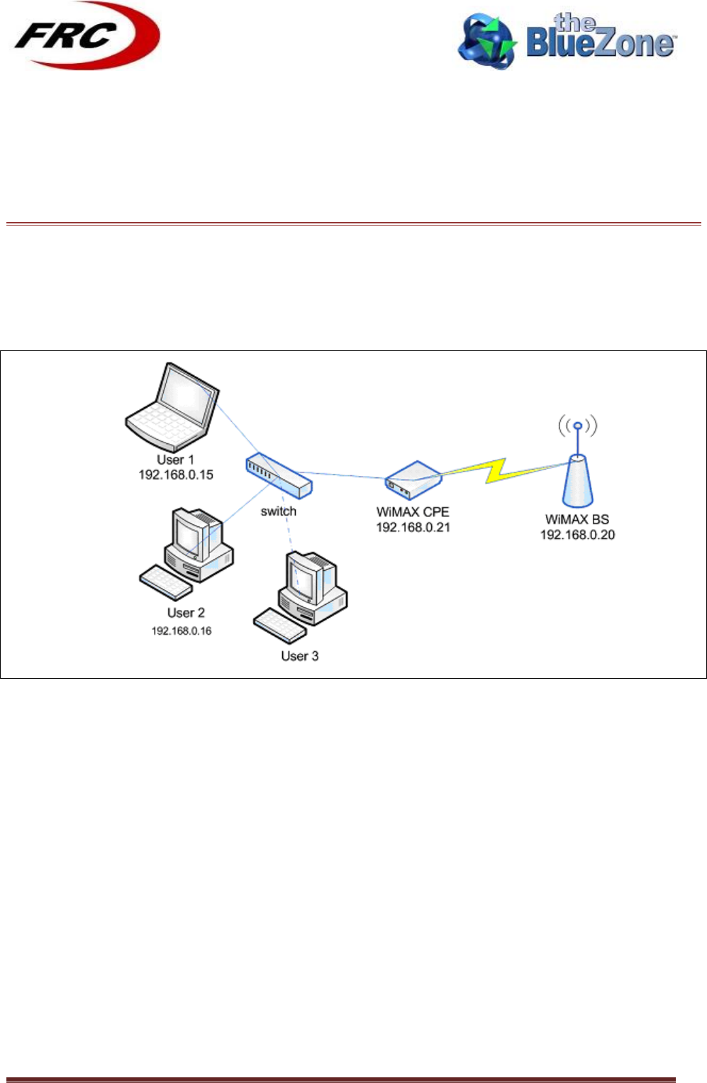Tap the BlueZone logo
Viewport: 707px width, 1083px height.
(567, 40)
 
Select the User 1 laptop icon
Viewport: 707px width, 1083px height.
(172, 402)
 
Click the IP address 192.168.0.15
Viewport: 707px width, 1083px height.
(176, 475)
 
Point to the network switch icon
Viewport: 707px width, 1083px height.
(279, 474)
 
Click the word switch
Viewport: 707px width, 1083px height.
(279, 511)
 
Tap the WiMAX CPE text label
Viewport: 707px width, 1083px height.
(413, 512)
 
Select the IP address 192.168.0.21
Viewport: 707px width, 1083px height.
(413, 528)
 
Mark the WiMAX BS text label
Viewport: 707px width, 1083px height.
(577, 520)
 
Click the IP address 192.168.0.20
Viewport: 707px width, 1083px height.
(577, 535)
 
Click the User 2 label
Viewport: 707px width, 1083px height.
(186, 613)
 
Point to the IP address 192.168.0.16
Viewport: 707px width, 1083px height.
(182, 631)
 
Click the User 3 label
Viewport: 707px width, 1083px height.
(300, 656)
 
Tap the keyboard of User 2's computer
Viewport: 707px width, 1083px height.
(165, 582)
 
